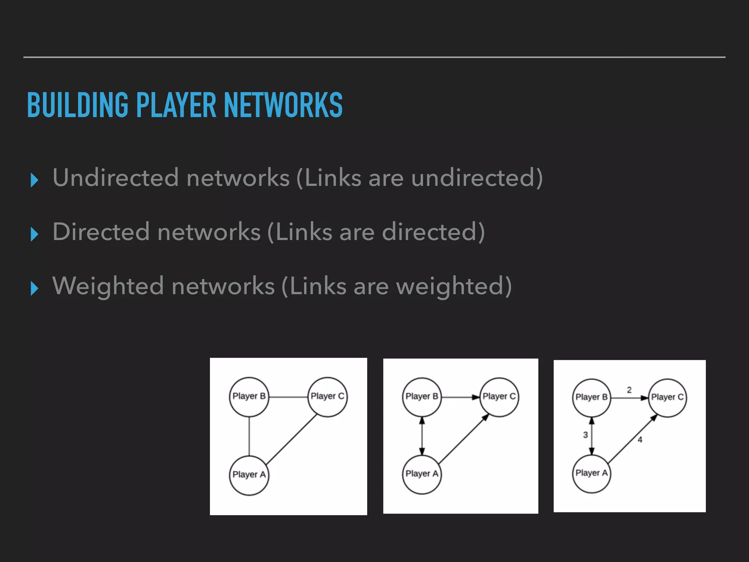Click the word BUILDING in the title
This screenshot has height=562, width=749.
click(x=78, y=105)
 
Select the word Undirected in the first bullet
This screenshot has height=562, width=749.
click(x=116, y=178)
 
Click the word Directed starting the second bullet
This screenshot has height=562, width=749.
click(x=101, y=232)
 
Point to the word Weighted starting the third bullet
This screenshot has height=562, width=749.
click(x=108, y=286)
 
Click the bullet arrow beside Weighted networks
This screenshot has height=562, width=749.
click(x=34, y=288)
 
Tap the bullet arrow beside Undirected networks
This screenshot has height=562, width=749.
click(x=34, y=180)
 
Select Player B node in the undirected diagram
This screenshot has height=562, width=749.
click(x=249, y=397)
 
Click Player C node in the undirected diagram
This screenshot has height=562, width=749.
click(x=327, y=397)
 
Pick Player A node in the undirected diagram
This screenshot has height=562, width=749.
click(x=249, y=475)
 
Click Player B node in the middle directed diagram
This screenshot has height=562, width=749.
click(x=422, y=397)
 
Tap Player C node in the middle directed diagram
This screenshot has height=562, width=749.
click(x=499, y=397)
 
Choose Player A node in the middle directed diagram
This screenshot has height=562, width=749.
click(x=422, y=474)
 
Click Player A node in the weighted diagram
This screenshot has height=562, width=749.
click(x=591, y=473)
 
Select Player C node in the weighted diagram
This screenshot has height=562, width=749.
click(x=667, y=398)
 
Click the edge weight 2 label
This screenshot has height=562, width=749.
click(x=629, y=390)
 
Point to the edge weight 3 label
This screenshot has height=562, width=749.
click(x=585, y=435)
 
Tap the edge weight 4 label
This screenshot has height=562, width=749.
click(x=640, y=440)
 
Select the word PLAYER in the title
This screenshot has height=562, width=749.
click(x=176, y=105)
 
